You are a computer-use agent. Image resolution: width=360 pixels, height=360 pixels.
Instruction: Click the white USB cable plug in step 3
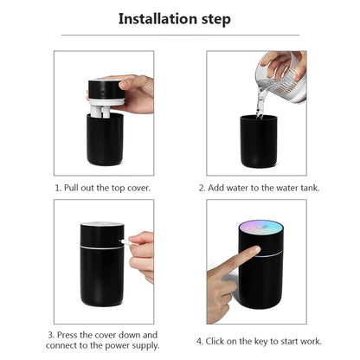click(125, 242)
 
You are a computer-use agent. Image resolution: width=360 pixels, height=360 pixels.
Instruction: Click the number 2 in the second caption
click(200, 186)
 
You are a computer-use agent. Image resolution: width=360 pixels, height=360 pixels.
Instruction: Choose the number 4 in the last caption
click(200, 341)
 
